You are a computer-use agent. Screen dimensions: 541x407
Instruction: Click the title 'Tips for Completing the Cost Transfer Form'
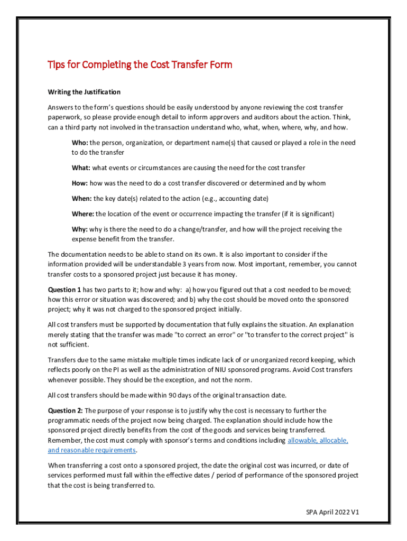point(140,65)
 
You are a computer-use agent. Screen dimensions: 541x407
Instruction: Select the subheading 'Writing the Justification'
point(84,92)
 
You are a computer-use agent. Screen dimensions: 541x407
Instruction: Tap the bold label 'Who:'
point(80,143)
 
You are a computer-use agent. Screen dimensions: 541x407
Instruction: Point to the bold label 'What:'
point(81,168)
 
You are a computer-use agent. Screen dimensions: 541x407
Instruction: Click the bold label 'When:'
point(81,199)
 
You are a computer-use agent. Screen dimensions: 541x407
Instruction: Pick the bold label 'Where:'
point(82,214)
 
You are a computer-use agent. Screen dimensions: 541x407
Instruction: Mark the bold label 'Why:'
point(80,229)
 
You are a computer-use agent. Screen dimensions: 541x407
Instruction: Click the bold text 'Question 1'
point(64,290)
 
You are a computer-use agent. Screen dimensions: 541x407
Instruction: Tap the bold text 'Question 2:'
point(66,411)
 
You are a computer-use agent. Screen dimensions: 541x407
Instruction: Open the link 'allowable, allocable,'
point(318,441)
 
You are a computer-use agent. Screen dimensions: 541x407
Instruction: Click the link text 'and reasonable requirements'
point(92,450)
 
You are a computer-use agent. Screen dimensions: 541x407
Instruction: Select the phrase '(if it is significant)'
point(302,214)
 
